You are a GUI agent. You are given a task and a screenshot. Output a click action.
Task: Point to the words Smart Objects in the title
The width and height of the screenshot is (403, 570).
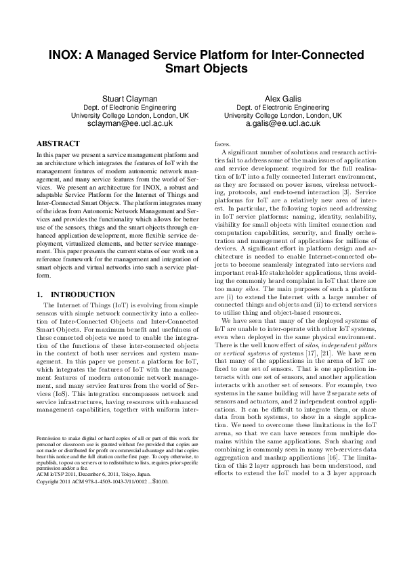click(201, 69)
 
